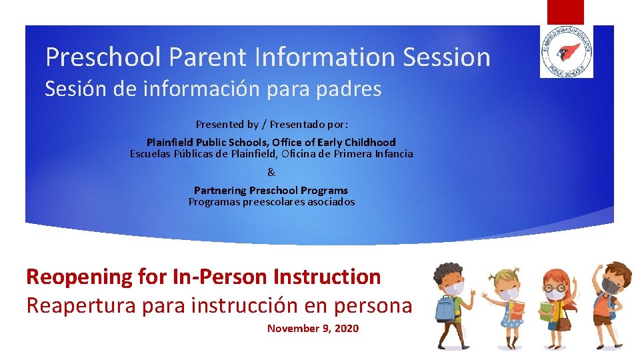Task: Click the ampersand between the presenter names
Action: click(271, 172)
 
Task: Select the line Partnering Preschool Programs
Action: click(271, 190)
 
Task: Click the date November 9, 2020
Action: click(313, 328)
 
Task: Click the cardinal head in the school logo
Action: click(568, 51)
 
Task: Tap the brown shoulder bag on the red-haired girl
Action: click(564, 323)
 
